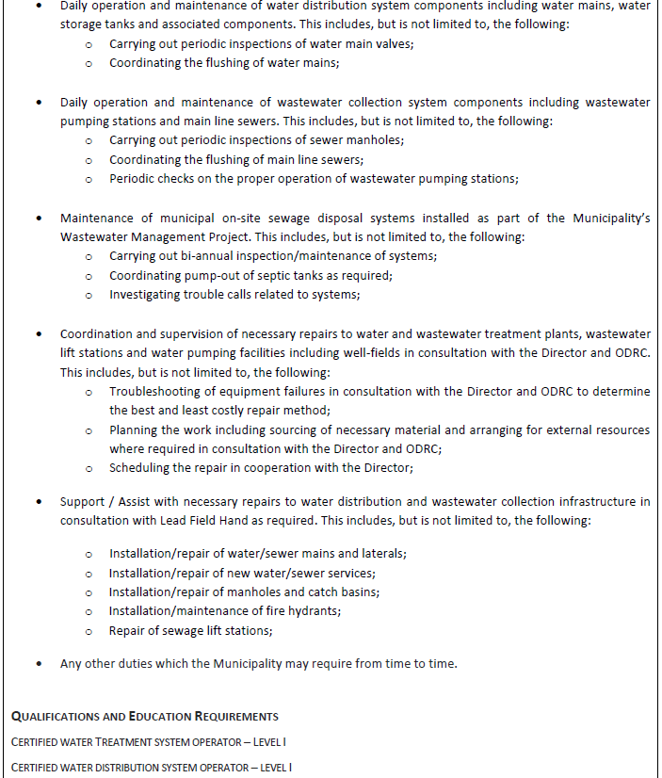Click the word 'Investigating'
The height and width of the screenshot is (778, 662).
[147, 295]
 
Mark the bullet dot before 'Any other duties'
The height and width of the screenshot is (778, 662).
[39, 664]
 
